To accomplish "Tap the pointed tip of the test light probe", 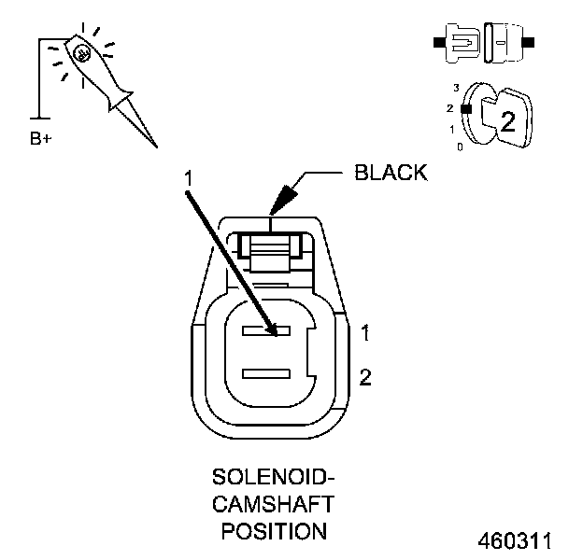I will click(156, 146).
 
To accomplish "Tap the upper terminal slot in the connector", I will click(269, 330).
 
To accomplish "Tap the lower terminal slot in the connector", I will click(269, 373).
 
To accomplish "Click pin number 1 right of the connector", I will click(365, 332).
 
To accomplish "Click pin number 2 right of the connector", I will click(365, 377).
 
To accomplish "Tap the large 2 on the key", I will click(508, 119).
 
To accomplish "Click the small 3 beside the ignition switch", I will click(456, 87).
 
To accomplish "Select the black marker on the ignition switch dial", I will click(463, 108).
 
